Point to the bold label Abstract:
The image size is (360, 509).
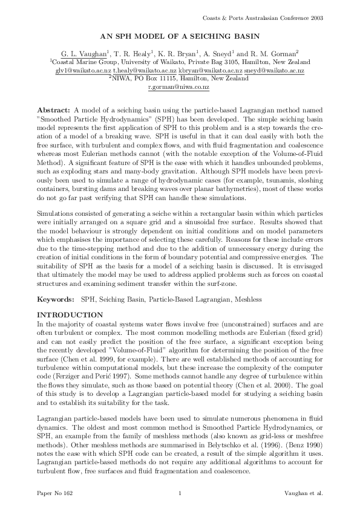[54, 112]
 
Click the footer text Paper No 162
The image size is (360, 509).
[54, 494]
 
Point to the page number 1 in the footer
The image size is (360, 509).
[180, 494]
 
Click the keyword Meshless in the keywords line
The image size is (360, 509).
[252, 299]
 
